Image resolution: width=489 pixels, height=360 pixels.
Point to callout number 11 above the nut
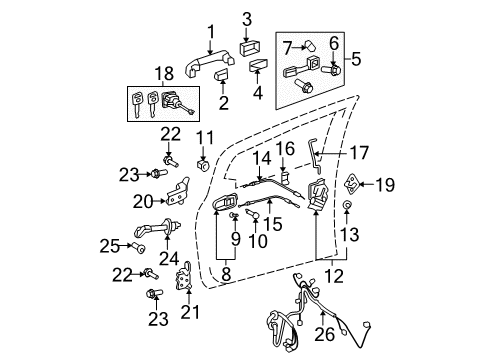coord(206,137)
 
